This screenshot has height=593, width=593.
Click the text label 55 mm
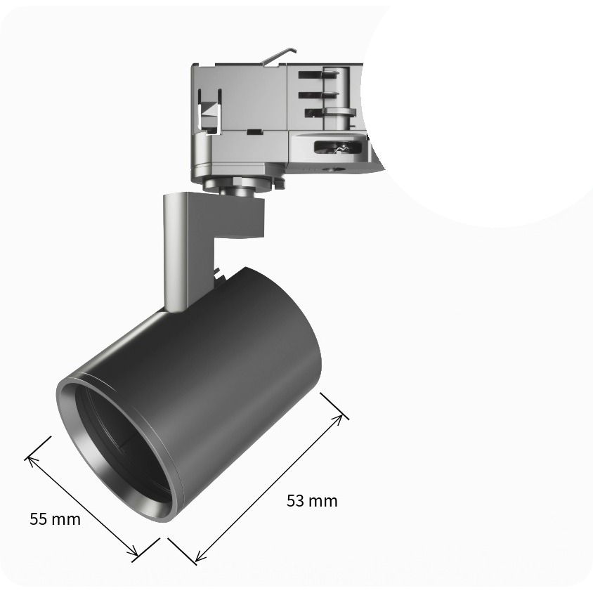pos(56,519)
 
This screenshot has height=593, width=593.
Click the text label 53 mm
pos(312,501)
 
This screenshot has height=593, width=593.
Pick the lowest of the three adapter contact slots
pos(329,112)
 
